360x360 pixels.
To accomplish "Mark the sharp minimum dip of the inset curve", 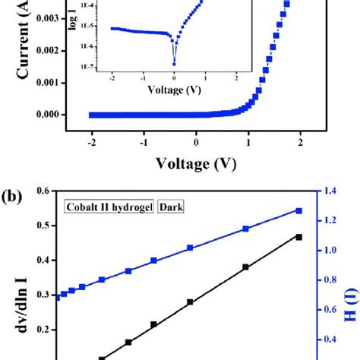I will (173, 65).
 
